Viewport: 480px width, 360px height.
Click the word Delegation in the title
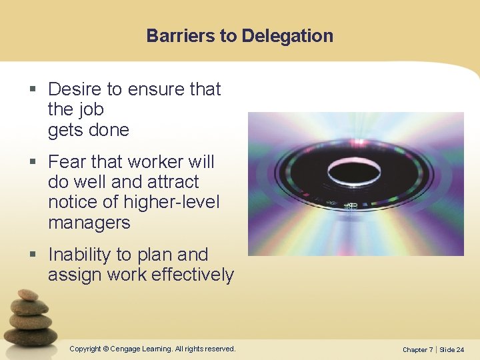[x=287, y=35]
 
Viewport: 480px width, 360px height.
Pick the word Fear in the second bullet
[x=67, y=162]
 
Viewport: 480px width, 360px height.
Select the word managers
[x=89, y=223]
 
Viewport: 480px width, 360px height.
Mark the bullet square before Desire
[x=34, y=90]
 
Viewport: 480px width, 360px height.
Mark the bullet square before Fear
[x=34, y=163]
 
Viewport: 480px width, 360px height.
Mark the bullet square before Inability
[x=34, y=255]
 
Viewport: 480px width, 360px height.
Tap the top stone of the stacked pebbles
[x=28, y=295]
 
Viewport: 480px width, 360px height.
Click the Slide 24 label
[x=452, y=349]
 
